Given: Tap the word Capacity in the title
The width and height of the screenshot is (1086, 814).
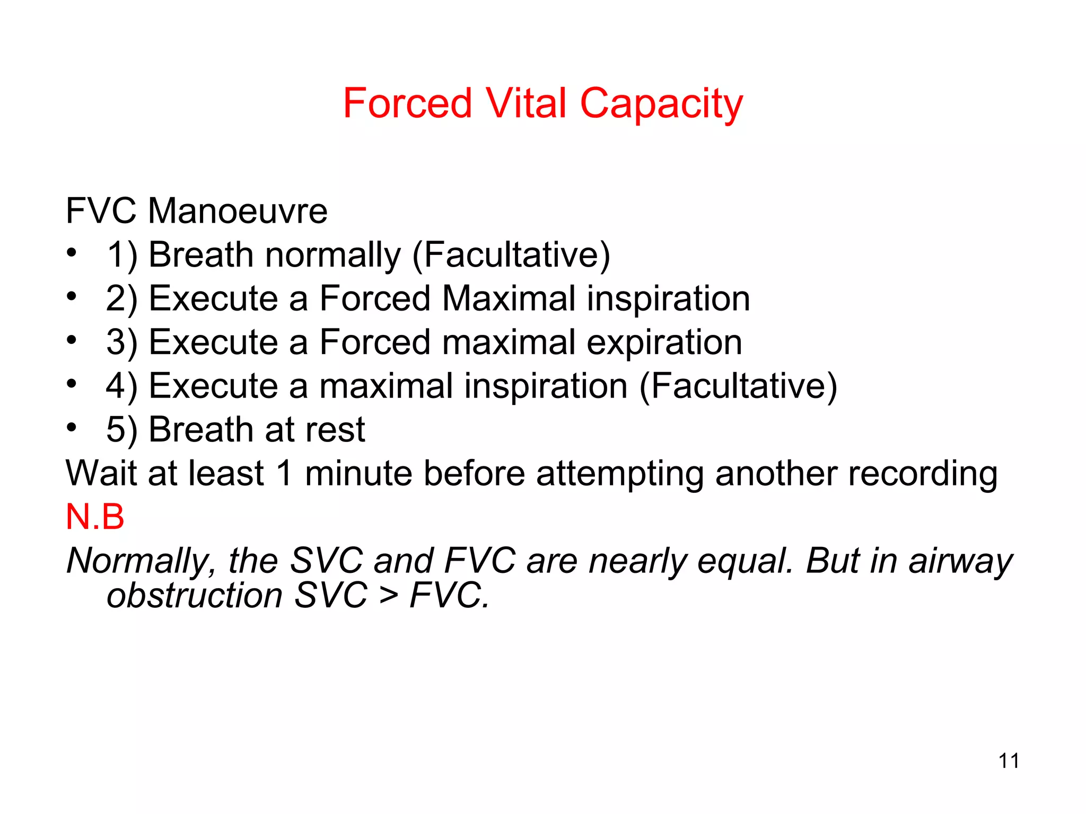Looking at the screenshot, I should pos(661,105).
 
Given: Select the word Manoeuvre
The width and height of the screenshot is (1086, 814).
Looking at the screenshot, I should pos(238,211).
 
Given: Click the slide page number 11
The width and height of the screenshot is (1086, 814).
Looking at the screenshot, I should pos(1009,761).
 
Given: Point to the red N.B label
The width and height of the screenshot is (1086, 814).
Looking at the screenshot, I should pos(95,517).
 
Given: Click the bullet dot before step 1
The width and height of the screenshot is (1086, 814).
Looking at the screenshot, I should pos(72,252).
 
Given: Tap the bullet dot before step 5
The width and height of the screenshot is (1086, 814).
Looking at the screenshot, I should pos(72,427).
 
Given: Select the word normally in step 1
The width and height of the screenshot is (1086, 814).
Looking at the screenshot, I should pos(333,255).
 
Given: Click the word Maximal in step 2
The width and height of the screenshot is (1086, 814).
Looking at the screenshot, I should pos(509,298).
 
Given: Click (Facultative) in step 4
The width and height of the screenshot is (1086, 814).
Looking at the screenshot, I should pos(738,386).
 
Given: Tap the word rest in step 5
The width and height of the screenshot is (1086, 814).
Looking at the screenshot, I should pos(339,430).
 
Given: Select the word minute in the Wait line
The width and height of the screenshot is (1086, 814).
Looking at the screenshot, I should pos(358,473).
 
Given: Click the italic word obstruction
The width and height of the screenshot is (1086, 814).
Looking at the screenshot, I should pos(194,595).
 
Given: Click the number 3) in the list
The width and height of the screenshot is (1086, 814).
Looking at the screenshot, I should pos(121,343).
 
